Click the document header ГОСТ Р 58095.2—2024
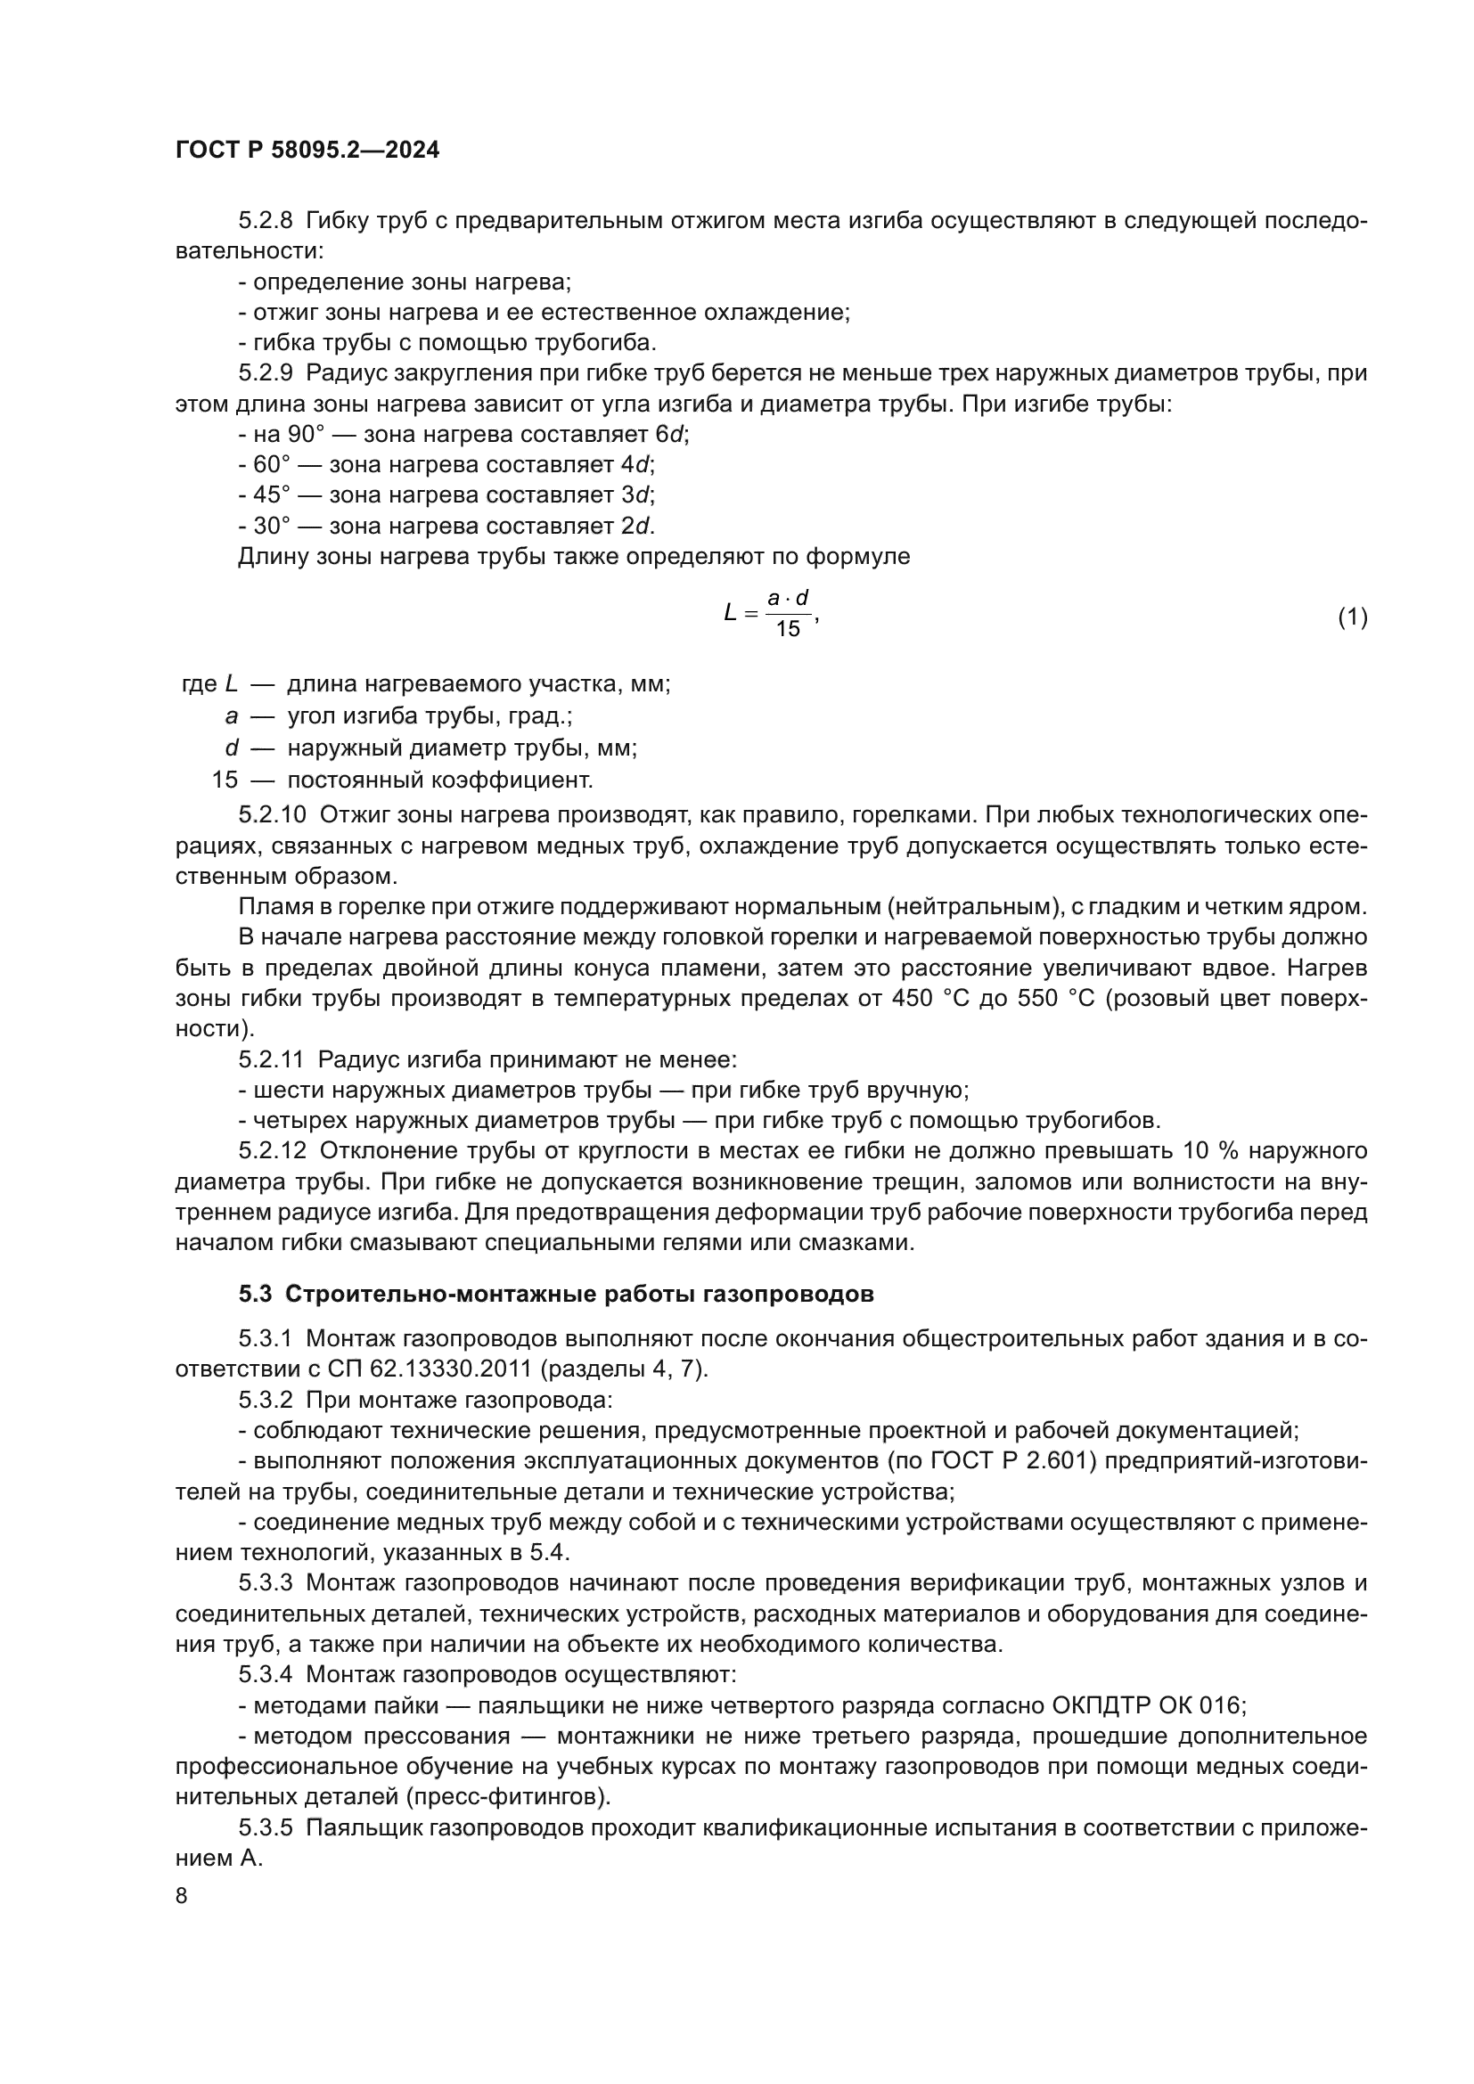click(x=307, y=151)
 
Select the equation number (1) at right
click(x=1352, y=617)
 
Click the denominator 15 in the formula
click(x=787, y=629)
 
